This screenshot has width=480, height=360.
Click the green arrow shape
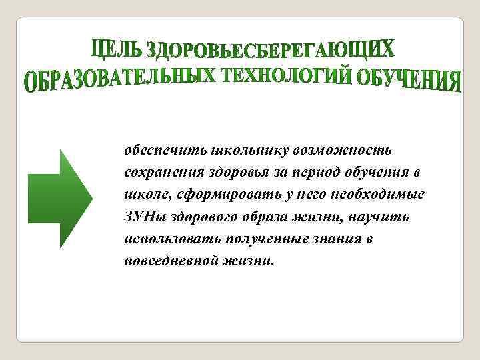59,199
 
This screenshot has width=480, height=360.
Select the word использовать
163,240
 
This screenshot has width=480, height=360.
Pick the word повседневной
163,262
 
